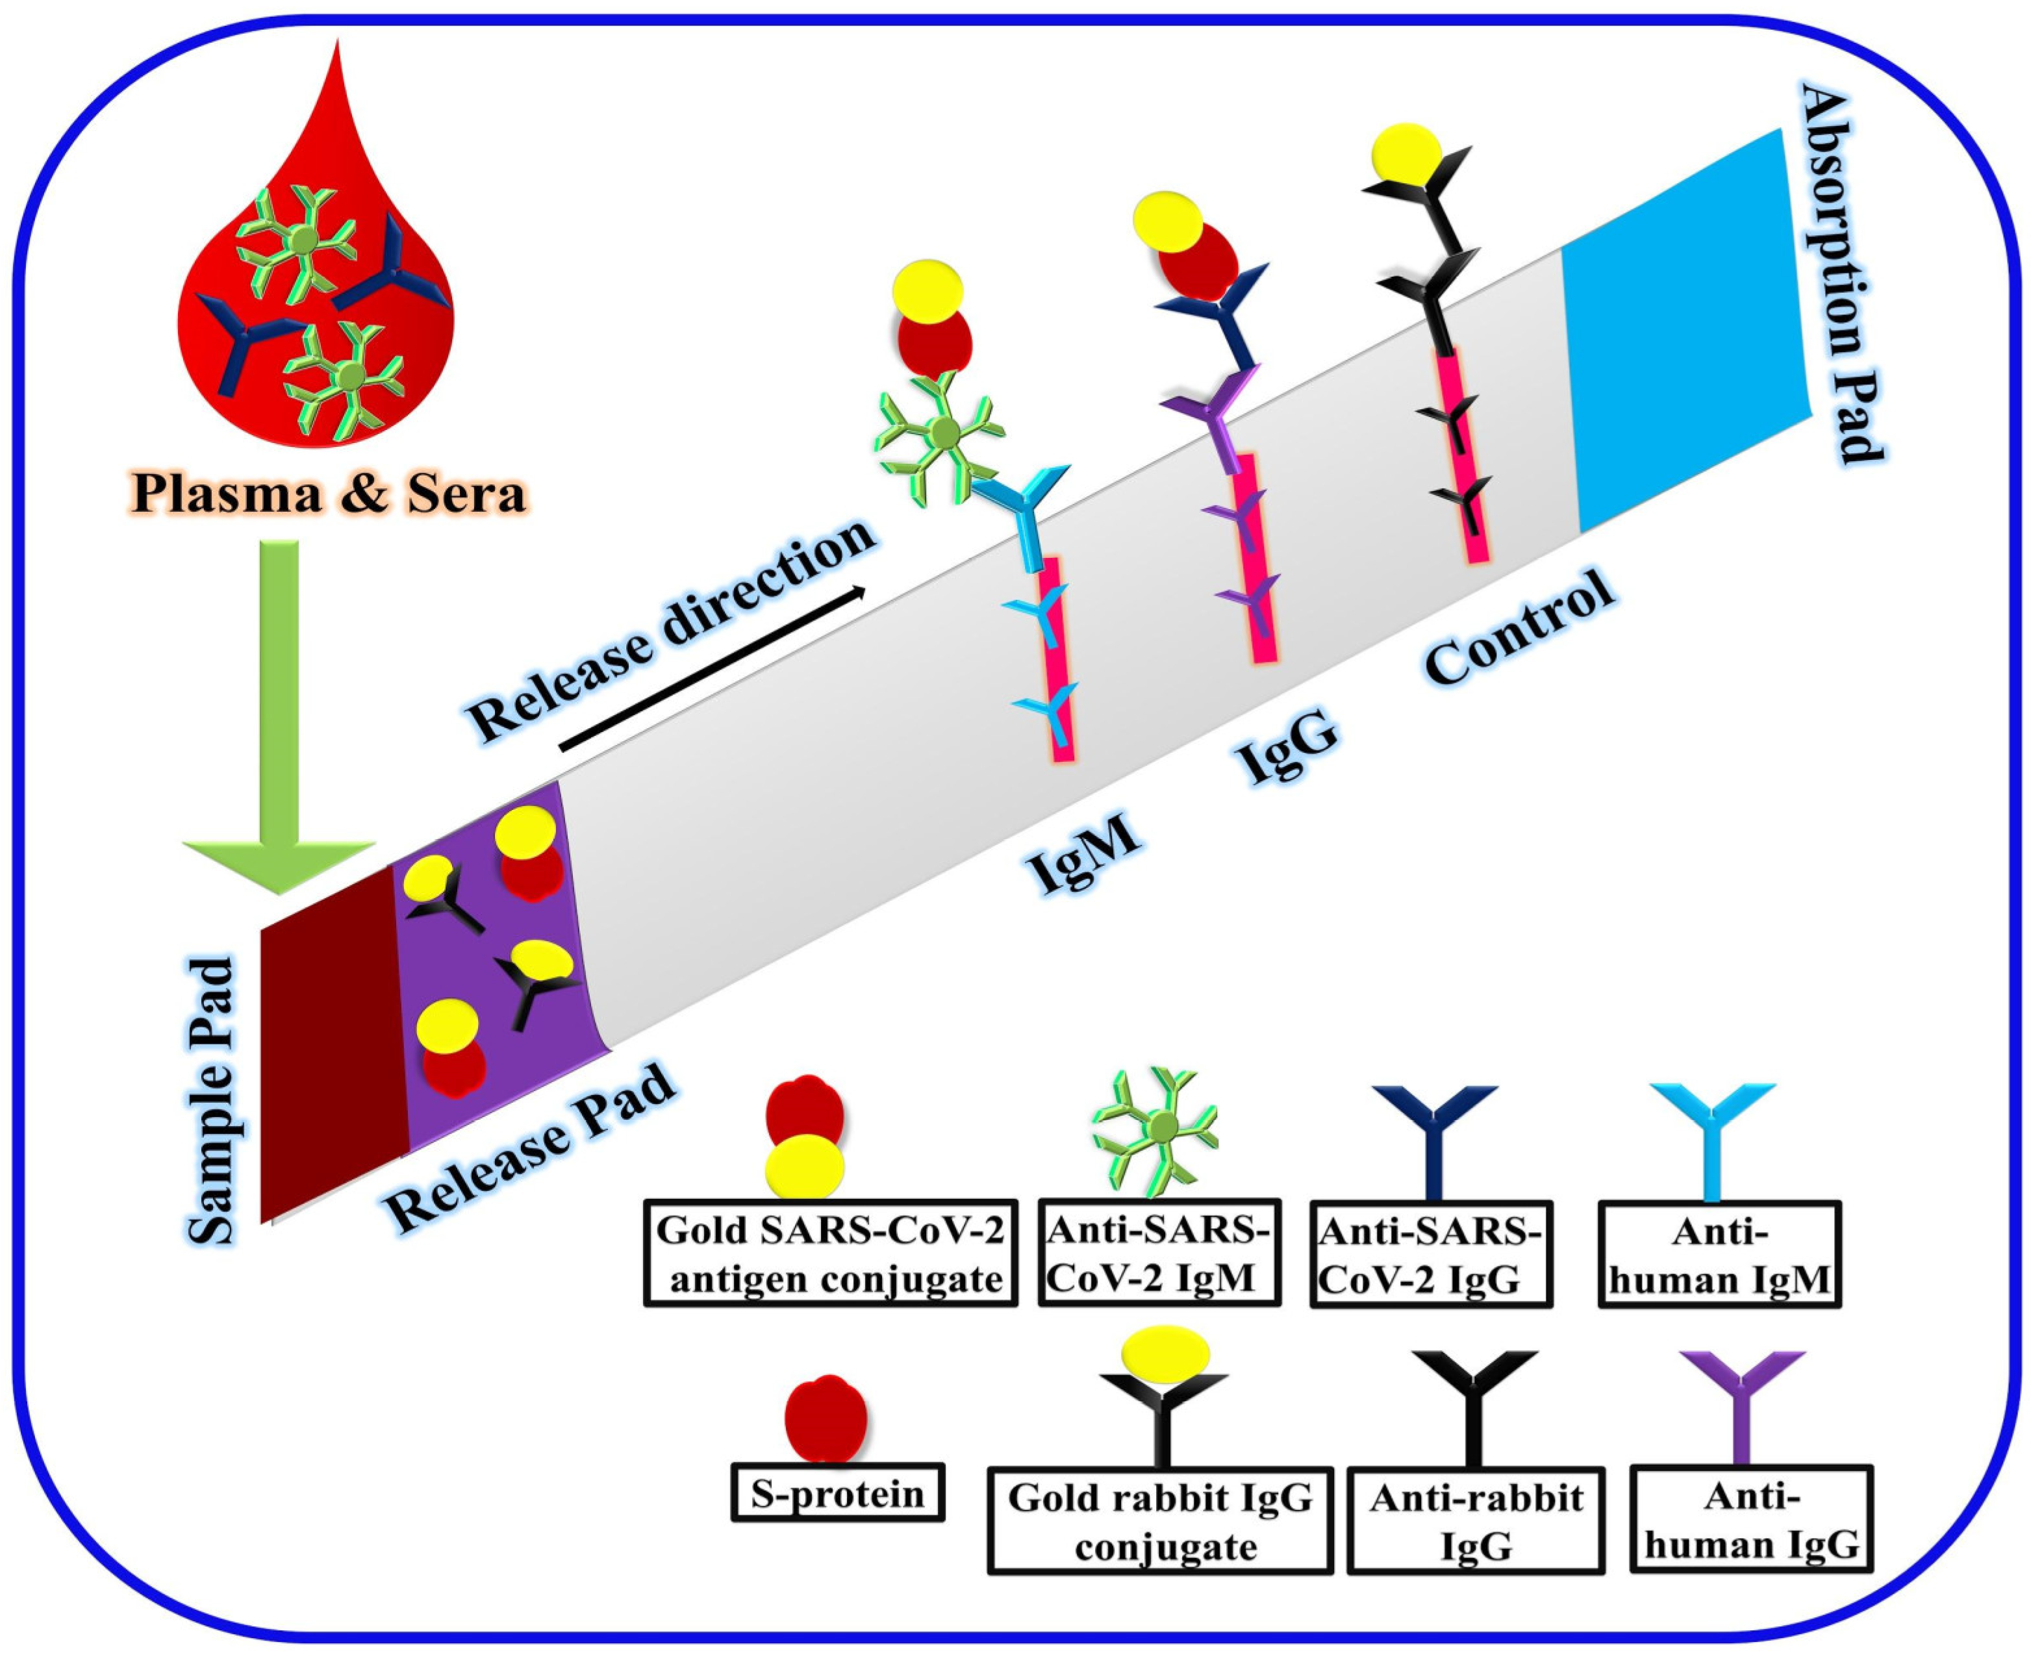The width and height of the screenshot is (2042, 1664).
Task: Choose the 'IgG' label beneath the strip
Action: pyautogui.click(x=1287, y=751)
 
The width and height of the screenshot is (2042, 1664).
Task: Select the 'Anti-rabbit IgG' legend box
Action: pyautogui.click(x=1476, y=1521)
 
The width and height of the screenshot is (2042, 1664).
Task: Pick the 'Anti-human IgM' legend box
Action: pyautogui.click(x=1719, y=1254)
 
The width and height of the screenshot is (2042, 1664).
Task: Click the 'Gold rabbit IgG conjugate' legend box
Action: pyautogui.click(x=1160, y=1521)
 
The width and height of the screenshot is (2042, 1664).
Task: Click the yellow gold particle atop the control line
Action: pyautogui.click(x=1405, y=153)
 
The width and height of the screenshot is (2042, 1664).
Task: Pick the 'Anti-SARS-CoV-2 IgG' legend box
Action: pyautogui.click(x=1430, y=1254)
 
